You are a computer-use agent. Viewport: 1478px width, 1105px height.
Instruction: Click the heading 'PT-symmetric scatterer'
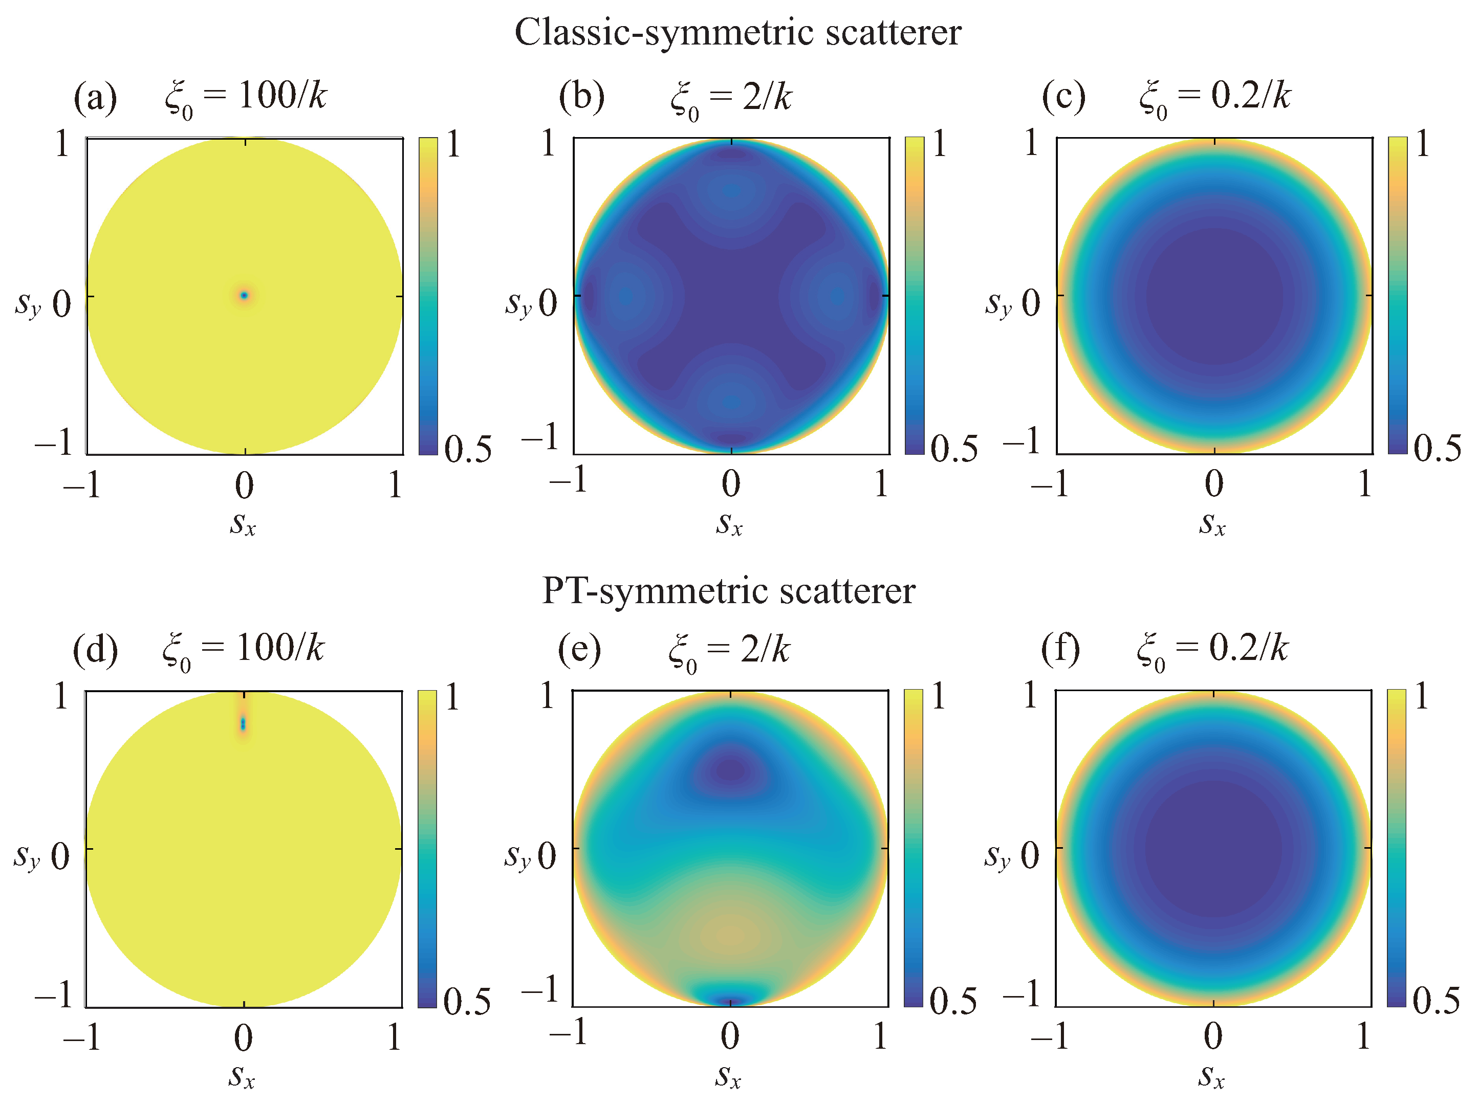point(728,590)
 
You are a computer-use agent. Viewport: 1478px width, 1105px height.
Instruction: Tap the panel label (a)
point(95,98)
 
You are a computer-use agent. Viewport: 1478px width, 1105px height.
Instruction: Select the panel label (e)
point(579,649)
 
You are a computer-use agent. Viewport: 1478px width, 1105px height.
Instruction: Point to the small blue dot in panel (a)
point(244,295)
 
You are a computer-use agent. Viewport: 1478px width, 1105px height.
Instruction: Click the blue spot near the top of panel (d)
point(243,723)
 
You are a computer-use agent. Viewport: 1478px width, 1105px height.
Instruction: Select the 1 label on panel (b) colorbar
point(940,144)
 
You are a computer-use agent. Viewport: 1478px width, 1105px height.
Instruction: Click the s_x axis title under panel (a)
point(243,524)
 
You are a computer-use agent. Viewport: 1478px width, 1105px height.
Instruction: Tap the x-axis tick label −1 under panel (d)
point(81,1037)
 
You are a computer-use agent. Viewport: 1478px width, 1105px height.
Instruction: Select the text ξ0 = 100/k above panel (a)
point(246,98)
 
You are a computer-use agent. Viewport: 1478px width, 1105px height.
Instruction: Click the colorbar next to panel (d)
point(427,849)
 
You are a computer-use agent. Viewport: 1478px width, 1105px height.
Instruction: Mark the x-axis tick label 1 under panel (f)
point(1363,1037)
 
